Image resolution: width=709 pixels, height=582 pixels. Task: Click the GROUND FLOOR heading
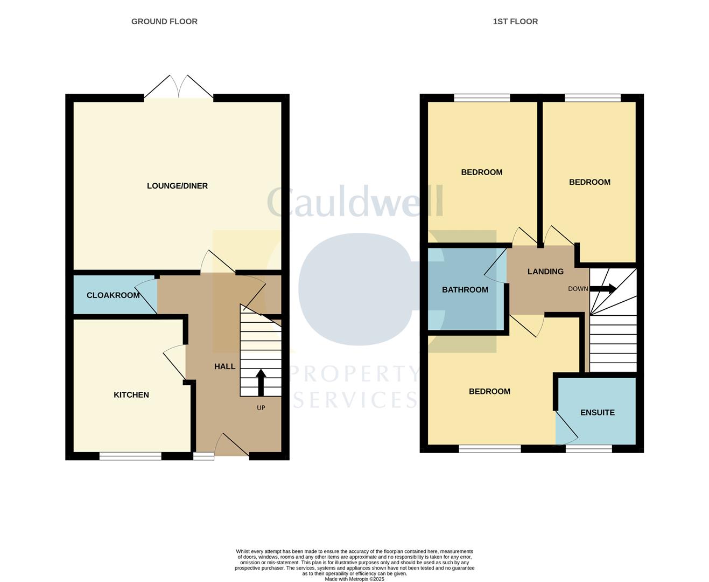[x=164, y=22]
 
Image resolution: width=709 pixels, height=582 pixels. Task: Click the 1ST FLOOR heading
[x=515, y=22]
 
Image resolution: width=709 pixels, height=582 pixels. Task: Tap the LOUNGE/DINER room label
[x=177, y=186]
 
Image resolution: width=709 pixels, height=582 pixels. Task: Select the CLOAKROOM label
[x=113, y=295]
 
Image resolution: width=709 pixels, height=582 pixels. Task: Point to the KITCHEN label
[x=131, y=395]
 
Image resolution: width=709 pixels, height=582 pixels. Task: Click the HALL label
[x=224, y=366]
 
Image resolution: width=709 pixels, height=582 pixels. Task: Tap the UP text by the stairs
[x=261, y=408]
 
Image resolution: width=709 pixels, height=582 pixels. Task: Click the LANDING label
[x=545, y=272]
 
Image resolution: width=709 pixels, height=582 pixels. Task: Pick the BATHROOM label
[x=465, y=290]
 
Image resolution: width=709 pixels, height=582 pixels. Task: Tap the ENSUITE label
[x=597, y=413]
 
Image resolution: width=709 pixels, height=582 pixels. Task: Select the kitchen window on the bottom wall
[x=130, y=456]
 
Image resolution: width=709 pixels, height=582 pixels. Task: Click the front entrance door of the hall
[x=231, y=446]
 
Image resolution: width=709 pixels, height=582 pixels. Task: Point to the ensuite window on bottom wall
[x=589, y=449]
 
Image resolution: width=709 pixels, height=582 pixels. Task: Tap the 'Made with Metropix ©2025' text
[x=354, y=579]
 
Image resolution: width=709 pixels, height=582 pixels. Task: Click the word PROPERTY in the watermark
[x=354, y=373]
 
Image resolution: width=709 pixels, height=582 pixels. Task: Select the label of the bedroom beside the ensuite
[x=489, y=392]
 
